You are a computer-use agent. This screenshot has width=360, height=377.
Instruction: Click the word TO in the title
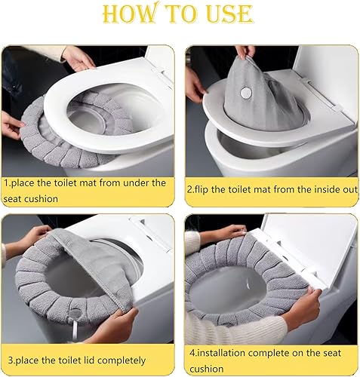[x=184, y=14]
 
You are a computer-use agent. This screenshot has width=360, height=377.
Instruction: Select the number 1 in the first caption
[x=6, y=182]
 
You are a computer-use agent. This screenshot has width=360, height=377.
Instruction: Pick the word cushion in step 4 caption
[x=206, y=369]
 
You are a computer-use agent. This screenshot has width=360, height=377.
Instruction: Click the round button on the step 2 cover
[x=246, y=93]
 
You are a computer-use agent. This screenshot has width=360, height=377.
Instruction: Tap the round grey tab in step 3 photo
[x=75, y=314]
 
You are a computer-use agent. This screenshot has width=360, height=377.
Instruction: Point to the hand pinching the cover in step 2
[x=245, y=51]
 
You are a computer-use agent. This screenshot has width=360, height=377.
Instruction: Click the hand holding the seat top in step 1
[x=78, y=58]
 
